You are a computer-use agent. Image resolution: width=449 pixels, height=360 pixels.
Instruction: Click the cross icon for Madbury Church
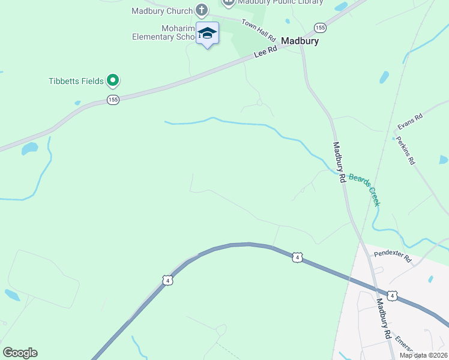[201, 11]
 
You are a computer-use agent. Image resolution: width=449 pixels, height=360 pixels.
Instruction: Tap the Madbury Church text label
[162, 11]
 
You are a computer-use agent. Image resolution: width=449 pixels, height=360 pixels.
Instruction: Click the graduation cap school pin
[207, 33]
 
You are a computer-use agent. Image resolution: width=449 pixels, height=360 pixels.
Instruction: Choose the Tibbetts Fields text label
[76, 80]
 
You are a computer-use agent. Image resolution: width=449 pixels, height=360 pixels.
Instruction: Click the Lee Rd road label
[265, 52]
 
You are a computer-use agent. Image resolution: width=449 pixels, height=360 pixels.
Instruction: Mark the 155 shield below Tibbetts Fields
[113, 100]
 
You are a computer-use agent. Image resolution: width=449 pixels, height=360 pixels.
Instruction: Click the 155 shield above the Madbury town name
[320, 28]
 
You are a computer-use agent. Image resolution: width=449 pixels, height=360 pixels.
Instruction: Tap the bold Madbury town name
[300, 42]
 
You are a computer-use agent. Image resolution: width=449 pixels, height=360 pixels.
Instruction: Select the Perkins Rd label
[405, 151]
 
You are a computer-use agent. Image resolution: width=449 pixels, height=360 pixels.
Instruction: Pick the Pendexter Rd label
[391, 256]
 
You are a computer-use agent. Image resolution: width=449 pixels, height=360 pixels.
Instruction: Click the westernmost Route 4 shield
[167, 280]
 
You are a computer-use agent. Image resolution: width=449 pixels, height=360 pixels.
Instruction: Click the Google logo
[20, 353]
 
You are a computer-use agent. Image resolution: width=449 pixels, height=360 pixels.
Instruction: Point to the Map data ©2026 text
[423, 355]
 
